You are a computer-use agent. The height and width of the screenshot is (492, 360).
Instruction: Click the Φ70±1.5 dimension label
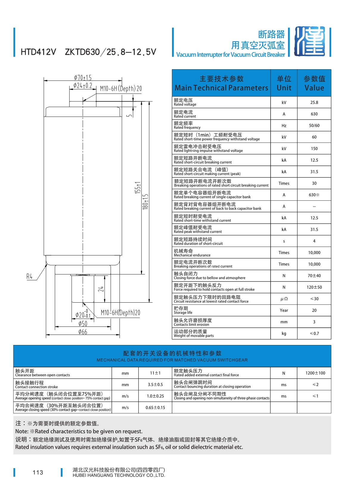point(83,78)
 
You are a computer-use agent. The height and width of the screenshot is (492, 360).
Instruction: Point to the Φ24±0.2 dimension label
point(83,86)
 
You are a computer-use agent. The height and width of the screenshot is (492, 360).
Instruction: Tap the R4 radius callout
point(29,276)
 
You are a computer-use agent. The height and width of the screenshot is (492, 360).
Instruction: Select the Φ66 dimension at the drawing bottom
point(83,332)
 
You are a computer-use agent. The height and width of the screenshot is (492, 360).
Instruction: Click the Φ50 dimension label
point(83,324)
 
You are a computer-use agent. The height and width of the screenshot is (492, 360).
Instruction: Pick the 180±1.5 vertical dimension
point(145,202)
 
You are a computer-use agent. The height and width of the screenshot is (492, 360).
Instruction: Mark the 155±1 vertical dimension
point(138,188)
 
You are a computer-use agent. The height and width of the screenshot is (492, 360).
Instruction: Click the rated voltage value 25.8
point(314,102)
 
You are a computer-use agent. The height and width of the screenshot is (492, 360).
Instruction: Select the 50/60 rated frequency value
point(314,126)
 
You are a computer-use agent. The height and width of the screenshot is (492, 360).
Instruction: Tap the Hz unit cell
point(284,126)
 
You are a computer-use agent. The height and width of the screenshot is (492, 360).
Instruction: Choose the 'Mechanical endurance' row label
point(192,253)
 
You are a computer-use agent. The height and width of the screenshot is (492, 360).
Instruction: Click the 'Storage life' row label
point(183,310)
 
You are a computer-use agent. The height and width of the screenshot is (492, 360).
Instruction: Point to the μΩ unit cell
point(284,299)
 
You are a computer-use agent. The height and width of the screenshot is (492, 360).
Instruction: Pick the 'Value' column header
point(314,83)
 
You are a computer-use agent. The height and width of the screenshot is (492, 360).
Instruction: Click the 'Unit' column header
point(284,83)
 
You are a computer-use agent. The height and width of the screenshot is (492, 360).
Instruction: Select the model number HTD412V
point(38,52)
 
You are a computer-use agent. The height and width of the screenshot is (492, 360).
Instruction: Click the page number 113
point(38,472)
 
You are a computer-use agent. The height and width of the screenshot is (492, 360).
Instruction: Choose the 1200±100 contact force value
point(315,373)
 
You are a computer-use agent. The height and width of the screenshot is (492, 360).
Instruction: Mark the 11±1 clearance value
point(155,373)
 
